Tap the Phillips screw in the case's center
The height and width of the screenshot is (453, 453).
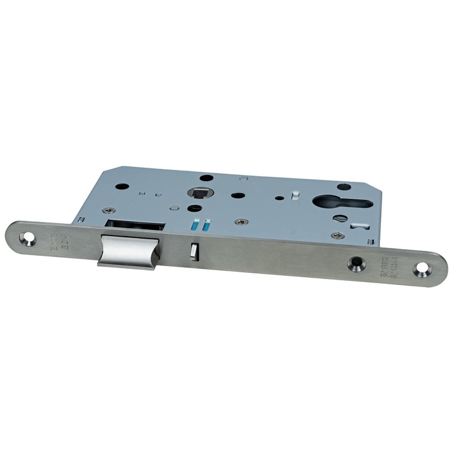point(243,221)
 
